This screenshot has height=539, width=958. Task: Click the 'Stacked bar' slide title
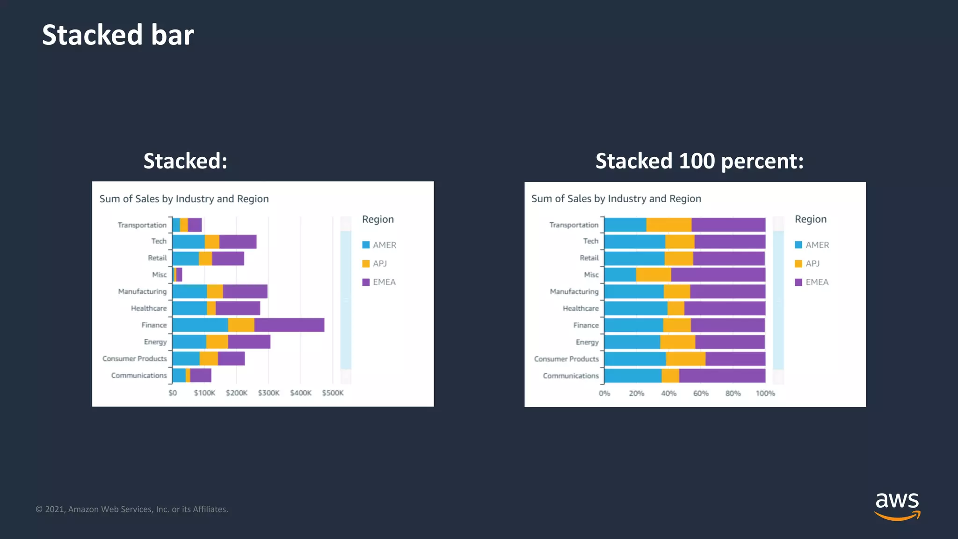(x=118, y=35)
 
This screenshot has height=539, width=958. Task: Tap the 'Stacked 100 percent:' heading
(x=699, y=161)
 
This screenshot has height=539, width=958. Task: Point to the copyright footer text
(x=132, y=509)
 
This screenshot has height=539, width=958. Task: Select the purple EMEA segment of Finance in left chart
(x=289, y=325)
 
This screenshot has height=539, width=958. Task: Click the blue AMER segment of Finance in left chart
(x=200, y=325)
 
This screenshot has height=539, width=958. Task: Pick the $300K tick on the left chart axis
(x=269, y=393)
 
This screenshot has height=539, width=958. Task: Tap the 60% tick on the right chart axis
(x=700, y=393)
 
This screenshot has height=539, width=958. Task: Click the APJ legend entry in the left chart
(x=379, y=263)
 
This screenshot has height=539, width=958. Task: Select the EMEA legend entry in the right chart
(x=816, y=282)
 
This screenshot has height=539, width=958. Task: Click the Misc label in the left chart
(x=159, y=275)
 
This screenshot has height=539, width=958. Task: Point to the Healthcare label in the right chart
(x=581, y=308)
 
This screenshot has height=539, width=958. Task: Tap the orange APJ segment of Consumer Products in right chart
(x=685, y=359)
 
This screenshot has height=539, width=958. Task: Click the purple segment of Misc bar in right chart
(x=718, y=275)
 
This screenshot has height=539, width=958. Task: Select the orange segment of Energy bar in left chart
(x=217, y=342)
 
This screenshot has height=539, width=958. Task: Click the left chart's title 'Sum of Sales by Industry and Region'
(x=184, y=199)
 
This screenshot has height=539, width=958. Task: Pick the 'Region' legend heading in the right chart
(x=810, y=219)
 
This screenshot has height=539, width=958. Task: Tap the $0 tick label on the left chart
(x=173, y=393)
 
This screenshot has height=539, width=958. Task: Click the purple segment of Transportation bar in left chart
(x=195, y=225)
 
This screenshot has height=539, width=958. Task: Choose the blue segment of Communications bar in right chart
(x=632, y=376)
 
